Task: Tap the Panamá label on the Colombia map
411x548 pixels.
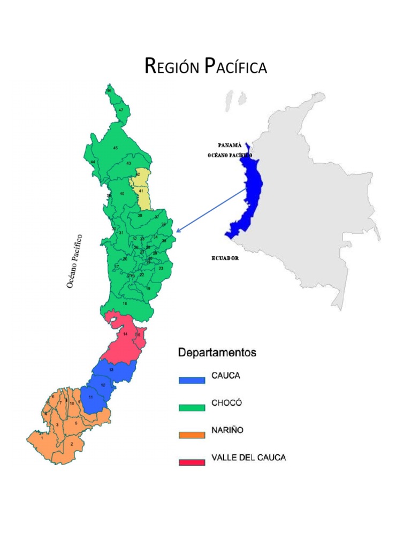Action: (230, 145)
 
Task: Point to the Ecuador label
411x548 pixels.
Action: (225, 258)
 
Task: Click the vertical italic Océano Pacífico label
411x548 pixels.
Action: (75, 261)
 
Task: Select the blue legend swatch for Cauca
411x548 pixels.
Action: (192, 380)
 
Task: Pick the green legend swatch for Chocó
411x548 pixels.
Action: (192, 407)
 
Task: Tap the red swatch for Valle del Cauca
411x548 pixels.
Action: (192, 462)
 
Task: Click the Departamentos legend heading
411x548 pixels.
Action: (217, 353)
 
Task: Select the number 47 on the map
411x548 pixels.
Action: (121, 110)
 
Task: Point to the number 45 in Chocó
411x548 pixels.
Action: (115, 148)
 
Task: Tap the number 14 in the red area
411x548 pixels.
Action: (125, 334)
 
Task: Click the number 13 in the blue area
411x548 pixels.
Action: (111, 370)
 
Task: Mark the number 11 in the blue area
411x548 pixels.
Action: (90, 397)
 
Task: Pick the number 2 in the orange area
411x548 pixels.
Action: (72, 444)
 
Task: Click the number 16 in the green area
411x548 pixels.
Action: (125, 303)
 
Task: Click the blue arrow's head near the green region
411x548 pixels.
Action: (178, 231)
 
